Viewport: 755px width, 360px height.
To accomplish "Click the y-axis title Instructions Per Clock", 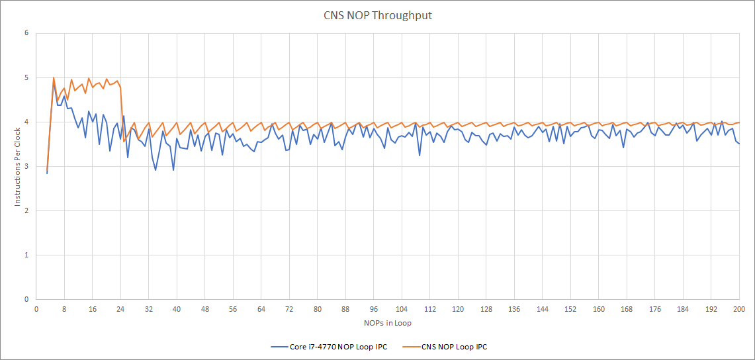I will pos(18,166).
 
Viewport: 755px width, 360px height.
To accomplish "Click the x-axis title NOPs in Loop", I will pos(387,323).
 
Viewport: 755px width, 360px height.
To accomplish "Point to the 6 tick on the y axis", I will pos(26,33).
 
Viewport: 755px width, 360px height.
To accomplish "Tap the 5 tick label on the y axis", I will pos(26,77).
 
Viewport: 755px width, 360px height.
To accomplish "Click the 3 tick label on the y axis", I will pos(26,166).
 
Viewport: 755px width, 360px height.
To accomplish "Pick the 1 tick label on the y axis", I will pos(26,255).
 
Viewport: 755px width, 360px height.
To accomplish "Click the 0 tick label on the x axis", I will pos(36,309).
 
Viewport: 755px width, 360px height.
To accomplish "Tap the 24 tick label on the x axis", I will pos(120,309).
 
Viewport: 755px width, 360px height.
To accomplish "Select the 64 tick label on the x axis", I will pos(261,309).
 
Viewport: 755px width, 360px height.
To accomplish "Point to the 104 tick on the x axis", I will pos(402,309).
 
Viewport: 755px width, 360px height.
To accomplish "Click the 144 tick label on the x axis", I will pos(543,309).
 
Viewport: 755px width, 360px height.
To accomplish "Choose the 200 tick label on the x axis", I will pos(739,309).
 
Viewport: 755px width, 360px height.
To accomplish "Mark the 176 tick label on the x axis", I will pos(655,309).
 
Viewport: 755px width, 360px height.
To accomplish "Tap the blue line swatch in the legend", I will pos(278,346).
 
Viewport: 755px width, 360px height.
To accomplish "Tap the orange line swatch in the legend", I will pos(410,346).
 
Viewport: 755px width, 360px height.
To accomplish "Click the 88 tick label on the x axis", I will pos(345,309).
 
